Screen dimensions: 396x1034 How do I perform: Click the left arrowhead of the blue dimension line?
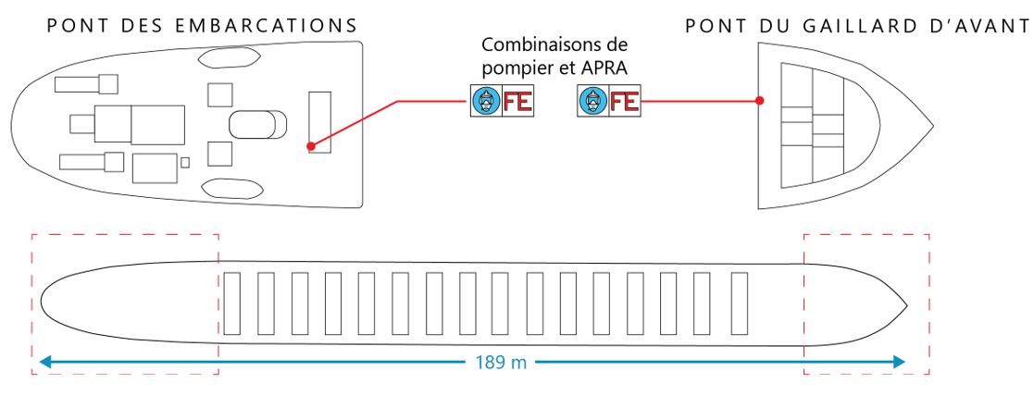coord(44,362)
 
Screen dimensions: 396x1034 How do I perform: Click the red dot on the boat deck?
coord(312,146)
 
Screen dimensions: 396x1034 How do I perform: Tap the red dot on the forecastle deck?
coord(759,100)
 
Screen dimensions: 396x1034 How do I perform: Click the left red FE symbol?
coord(517,101)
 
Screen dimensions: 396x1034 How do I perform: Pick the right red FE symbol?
coord(624,100)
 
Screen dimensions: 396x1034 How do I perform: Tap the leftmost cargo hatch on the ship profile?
coord(232,303)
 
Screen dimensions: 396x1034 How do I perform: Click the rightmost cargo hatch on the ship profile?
coord(740,303)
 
